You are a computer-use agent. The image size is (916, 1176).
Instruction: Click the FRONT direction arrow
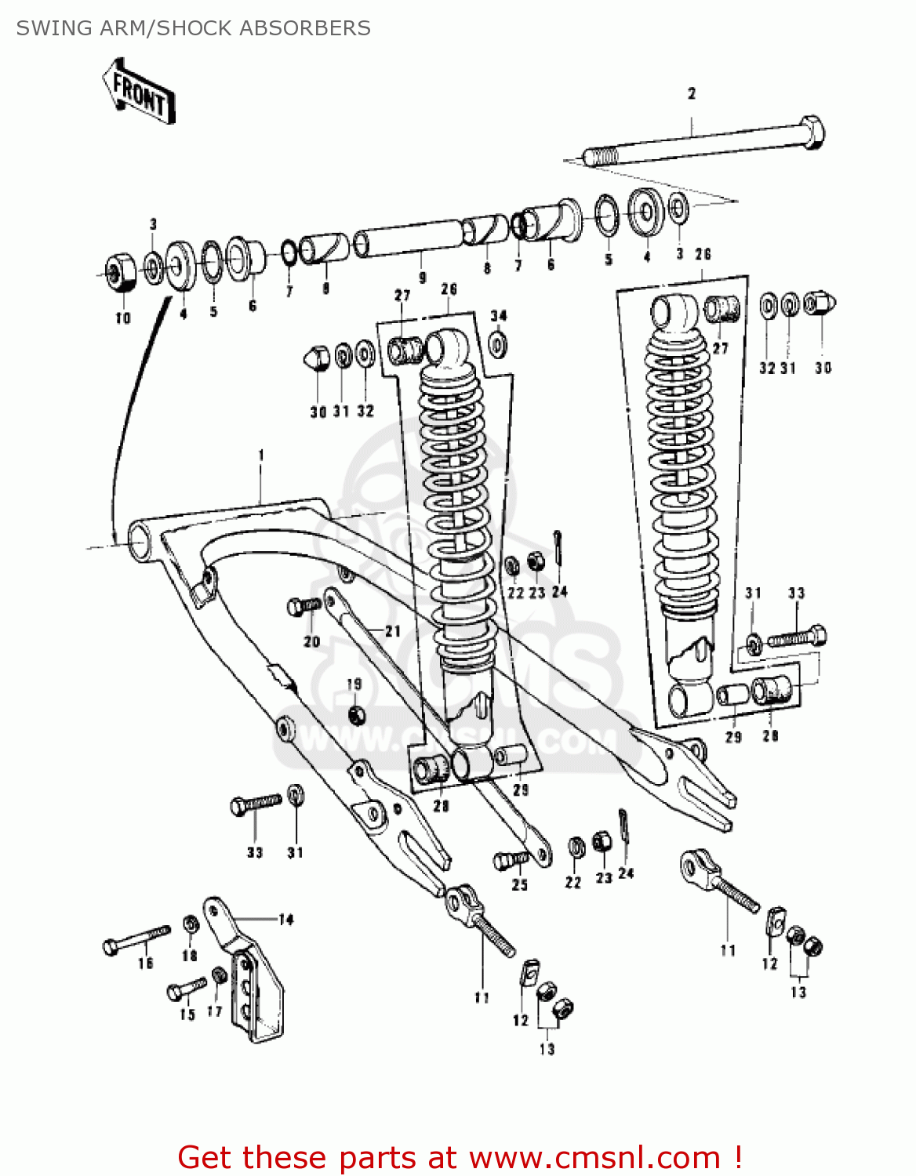click(x=138, y=93)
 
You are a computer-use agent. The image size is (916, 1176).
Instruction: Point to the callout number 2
click(x=692, y=94)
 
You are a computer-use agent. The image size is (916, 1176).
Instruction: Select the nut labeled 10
click(x=119, y=272)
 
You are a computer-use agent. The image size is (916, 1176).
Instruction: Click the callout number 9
click(x=423, y=278)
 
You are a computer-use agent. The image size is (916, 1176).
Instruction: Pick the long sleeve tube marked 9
click(x=408, y=238)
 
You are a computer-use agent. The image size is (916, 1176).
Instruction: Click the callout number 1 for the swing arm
click(x=261, y=456)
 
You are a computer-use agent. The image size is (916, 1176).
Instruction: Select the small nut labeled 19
click(x=356, y=714)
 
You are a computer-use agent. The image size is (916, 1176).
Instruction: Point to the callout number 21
click(x=393, y=631)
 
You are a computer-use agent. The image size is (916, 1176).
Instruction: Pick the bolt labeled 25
click(x=511, y=860)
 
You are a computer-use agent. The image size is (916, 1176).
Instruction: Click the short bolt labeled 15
click(x=186, y=989)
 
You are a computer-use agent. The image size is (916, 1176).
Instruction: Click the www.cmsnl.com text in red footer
click(x=594, y=1157)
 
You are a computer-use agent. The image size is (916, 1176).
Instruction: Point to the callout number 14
click(x=286, y=920)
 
